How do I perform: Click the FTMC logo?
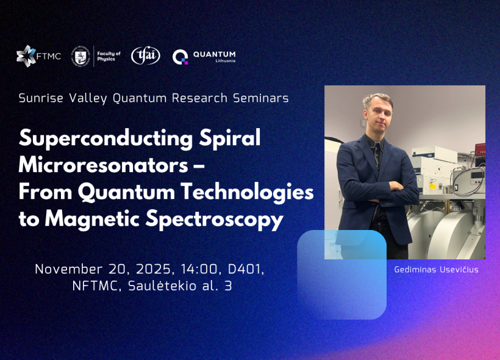38,56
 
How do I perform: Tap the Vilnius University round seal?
80,56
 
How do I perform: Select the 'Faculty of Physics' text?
109,56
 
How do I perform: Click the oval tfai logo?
146,56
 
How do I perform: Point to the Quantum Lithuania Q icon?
180,57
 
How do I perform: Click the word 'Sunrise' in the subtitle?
41,98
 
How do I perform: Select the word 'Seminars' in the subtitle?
261,98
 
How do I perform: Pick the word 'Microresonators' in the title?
103,165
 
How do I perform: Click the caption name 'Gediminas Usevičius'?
436,270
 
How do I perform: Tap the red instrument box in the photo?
480,149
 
